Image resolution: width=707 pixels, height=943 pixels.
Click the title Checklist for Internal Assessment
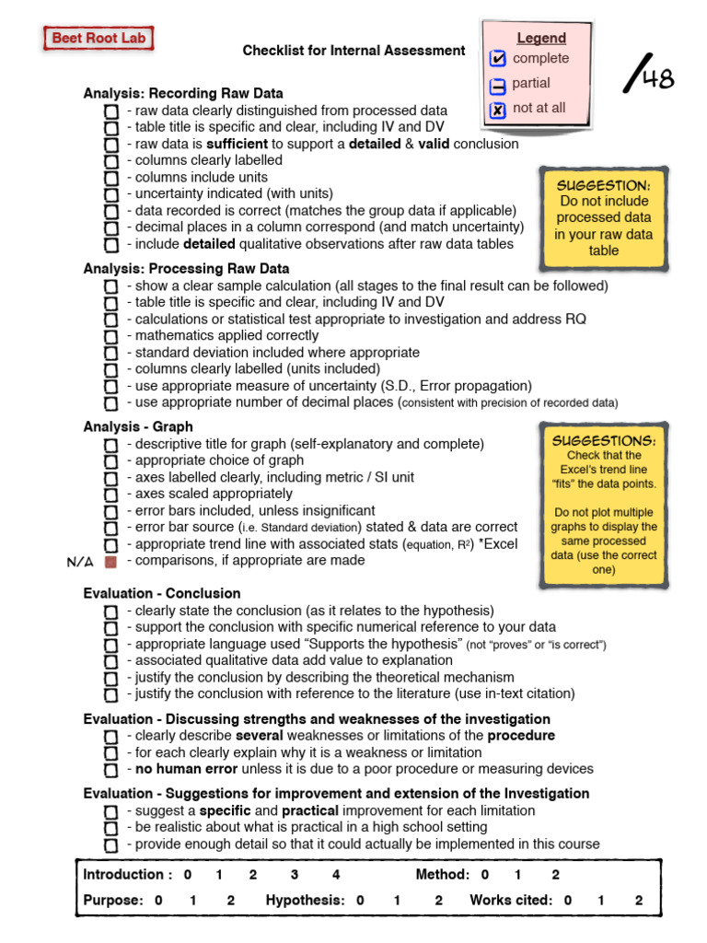coord(353,51)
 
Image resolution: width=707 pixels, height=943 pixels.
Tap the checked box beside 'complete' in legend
coord(498,59)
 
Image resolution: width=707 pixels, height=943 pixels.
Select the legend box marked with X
coord(498,110)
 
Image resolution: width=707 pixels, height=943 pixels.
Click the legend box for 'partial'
coord(498,85)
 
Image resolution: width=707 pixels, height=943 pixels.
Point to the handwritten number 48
coord(657,79)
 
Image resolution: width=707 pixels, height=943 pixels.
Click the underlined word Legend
coord(541,38)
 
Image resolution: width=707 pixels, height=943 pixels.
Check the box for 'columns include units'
coord(111,178)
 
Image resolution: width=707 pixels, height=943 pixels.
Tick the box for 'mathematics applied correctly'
coord(111,337)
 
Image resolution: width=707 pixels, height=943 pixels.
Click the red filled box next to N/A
coord(111,561)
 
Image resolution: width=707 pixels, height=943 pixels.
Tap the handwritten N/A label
coord(81,561)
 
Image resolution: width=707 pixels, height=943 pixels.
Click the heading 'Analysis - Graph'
coord(138,426)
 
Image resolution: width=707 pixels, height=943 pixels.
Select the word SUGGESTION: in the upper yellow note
coord(604,185)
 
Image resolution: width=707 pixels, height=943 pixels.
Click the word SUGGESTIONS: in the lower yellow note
coord(604,440)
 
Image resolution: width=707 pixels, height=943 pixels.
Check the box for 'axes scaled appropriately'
coord(111,495)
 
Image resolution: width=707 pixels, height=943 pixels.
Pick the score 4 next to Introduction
coord(336,875)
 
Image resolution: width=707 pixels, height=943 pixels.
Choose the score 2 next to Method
coord(555,875)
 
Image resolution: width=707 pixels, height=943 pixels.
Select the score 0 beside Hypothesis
coord(361,901)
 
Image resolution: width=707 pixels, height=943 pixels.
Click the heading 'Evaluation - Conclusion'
coord(162,593)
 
